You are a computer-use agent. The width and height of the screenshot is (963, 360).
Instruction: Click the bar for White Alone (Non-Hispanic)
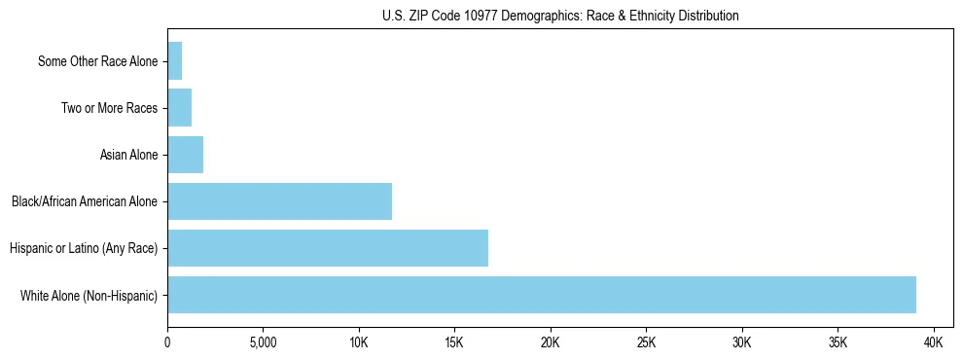541,295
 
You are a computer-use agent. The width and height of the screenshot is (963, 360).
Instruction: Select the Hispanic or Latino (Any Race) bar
328,248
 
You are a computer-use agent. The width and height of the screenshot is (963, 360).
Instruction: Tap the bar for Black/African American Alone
279,201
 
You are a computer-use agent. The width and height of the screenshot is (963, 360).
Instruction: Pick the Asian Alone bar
185,155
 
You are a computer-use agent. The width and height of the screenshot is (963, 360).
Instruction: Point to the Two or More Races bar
179,108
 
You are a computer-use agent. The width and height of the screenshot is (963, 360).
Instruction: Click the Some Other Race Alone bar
174,61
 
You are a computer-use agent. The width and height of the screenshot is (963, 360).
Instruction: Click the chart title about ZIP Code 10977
560,16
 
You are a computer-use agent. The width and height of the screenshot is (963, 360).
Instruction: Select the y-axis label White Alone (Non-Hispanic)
89,295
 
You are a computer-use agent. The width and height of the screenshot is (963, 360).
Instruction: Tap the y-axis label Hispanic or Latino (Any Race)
84,248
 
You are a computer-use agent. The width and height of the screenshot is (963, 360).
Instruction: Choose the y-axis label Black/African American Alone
85,201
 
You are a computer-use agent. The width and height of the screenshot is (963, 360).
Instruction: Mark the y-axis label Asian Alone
128,155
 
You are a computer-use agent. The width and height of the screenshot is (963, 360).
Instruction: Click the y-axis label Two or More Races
109,108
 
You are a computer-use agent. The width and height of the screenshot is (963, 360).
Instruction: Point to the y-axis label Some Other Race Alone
97,61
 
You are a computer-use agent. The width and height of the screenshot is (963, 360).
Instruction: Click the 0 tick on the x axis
167,342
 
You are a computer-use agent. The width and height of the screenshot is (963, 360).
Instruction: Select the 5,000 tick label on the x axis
263,342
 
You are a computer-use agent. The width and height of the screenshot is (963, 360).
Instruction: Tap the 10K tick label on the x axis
359,342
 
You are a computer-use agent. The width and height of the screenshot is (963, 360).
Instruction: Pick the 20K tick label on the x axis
551,342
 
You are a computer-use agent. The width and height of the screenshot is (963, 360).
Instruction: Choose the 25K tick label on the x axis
646,342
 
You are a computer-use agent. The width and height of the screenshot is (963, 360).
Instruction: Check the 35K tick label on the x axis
838,342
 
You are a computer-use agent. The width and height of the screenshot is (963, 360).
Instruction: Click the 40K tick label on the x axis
934,342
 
